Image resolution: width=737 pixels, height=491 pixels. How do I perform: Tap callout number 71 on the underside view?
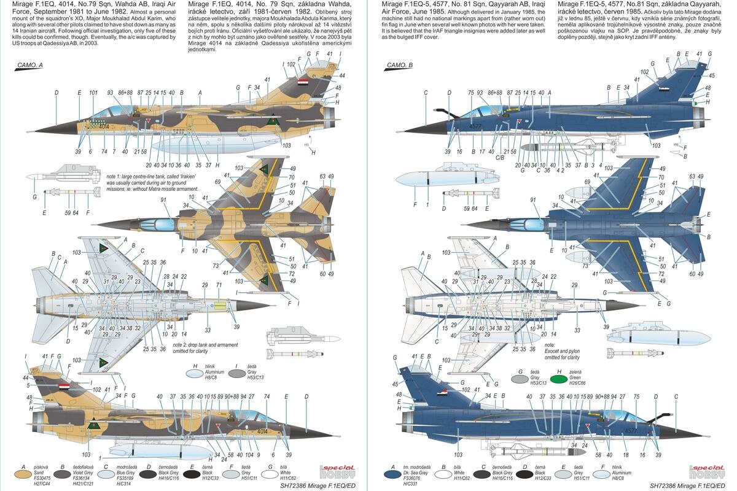click(x=219, y=285)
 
